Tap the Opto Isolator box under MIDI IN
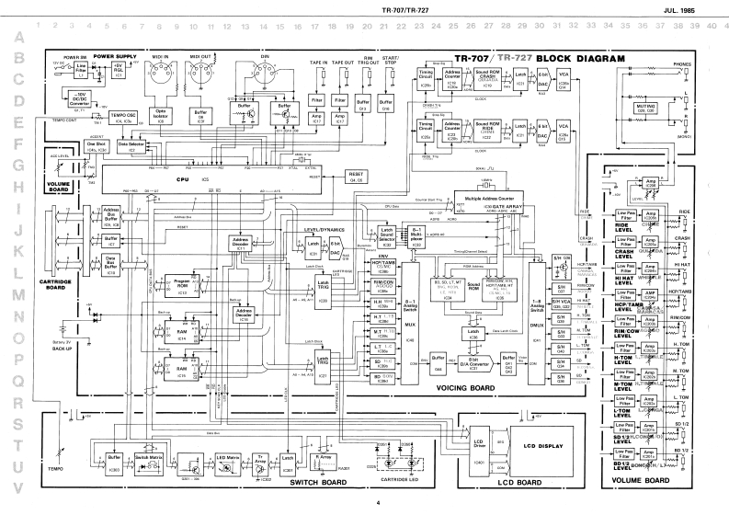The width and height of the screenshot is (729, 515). [160, 120]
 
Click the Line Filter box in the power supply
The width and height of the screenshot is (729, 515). [82, 68]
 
